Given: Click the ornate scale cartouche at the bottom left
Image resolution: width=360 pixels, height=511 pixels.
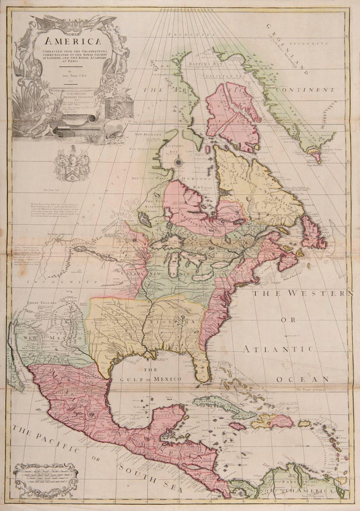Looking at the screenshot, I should (x=45, y=479).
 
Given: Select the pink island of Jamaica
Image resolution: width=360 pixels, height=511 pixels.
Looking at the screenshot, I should (x=237, y=426).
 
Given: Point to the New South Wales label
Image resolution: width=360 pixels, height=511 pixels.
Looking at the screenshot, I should (x=145, y=178).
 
